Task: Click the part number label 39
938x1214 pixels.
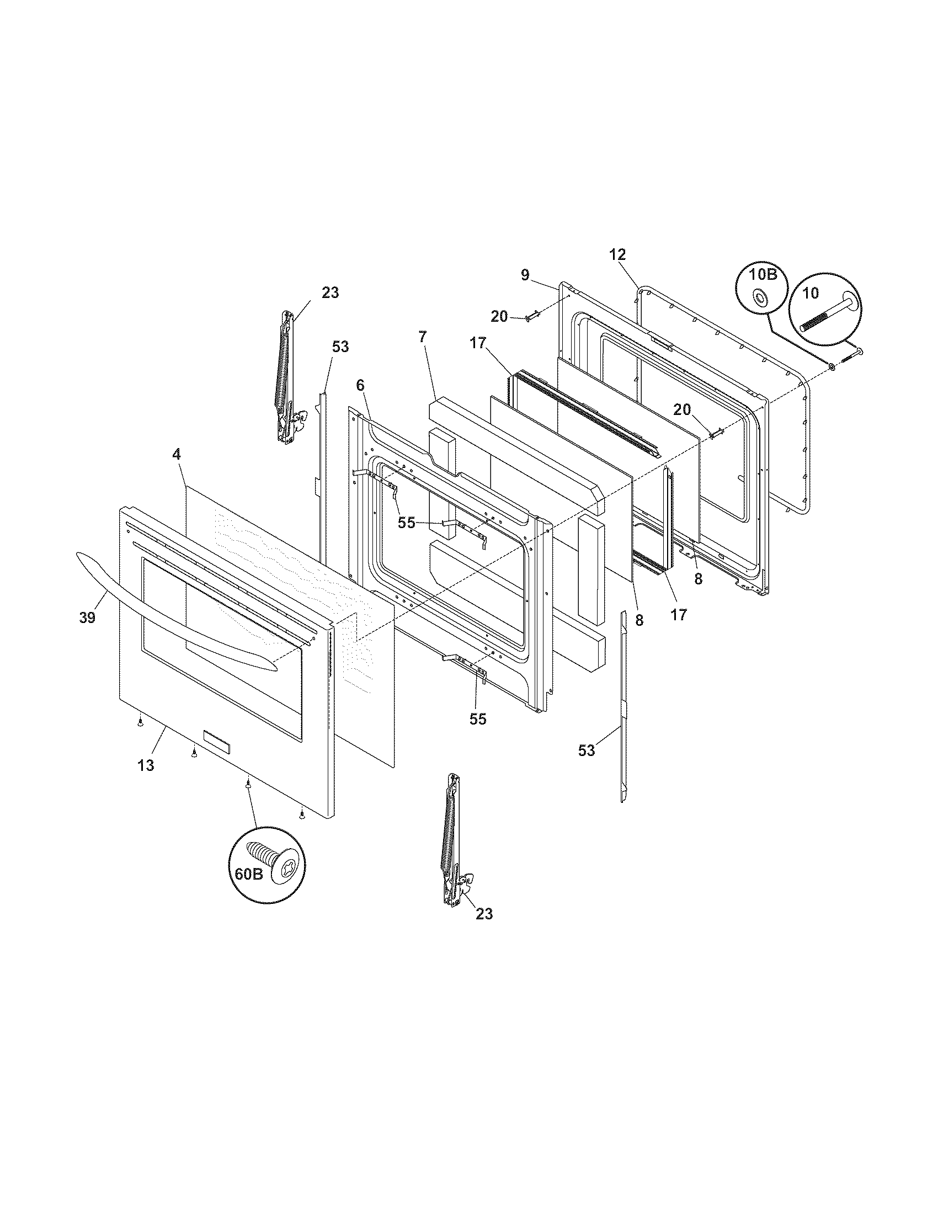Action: click(x=87, y=617)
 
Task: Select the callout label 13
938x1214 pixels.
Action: click(x=146, y=765)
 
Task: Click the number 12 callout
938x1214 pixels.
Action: click(x=617, y=254)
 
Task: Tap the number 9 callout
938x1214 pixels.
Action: click(x=525, y=275)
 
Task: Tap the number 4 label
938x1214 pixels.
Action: click(x=176, y=454)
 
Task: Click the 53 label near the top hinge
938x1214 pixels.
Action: click(x=340, y=347)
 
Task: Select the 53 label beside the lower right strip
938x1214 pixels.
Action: click(x=586, y=750)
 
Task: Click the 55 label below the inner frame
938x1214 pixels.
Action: click(x=477, y=718)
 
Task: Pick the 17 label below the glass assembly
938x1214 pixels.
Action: click(x=679, y=615)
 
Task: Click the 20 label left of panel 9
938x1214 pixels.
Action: click(x=499, y=317)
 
